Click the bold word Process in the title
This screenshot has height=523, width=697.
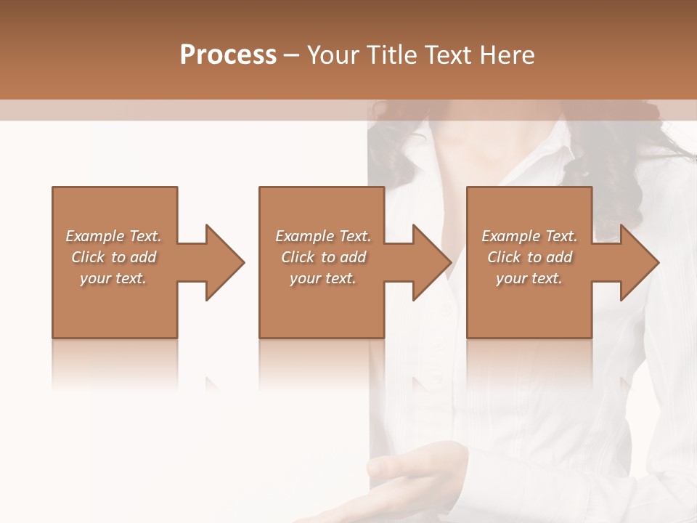pos(228,55)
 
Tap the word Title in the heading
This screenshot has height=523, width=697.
pos(393,55)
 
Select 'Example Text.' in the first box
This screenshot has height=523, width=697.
pos(113,236)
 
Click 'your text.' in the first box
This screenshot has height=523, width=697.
pos(113,278)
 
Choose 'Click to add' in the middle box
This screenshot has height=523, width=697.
pos(323,257)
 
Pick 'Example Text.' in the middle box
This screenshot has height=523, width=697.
pos(323,236)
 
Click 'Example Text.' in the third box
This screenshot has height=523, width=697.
pos(529,236)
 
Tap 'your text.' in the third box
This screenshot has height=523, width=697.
pos(529,278)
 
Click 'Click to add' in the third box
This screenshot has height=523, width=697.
pos(529,257)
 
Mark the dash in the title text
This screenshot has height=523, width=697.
pos(292,55)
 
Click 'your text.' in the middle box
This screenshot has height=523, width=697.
pos(323,278)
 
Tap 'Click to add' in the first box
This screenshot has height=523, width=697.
pos(113,257)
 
